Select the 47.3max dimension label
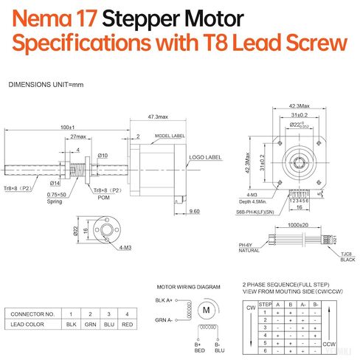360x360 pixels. pyautogui.click(x=156, y=117)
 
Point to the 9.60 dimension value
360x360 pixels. pyautogui.click(x=194, y=212)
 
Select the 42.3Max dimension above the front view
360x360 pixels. pyautogui.click(x=299, y=105)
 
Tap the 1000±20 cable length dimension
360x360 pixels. pyautogui.click(x=297, y=224)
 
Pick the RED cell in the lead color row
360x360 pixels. pyautogui.click(x=127, y=325)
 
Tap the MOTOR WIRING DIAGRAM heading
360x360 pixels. pyautogui.click(x=189, y=286)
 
